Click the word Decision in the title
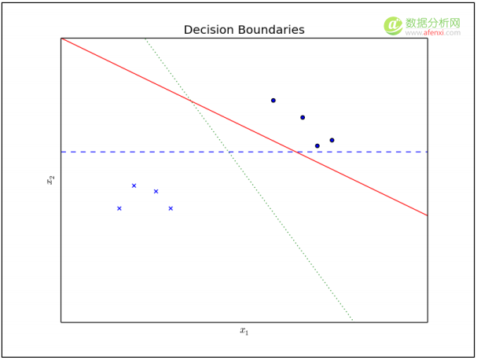tap(207, 30)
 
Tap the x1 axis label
tap(244, 331)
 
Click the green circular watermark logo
tap(393, 26)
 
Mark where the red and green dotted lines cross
tap(189, 98)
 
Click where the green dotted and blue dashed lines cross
tap(228, 152)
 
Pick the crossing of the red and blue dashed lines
tap(296, 152)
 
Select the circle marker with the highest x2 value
tap(273, 101)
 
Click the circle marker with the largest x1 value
tap(332, 140)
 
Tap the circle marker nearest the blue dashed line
tap(317, 145)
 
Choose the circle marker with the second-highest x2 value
tap(303, 118)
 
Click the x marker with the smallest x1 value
tap(119, 208)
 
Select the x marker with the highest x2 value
tap(134, 186)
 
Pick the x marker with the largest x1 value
tap(171, 208)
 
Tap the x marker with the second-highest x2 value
tap(156, 191)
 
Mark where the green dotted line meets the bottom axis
tap(352, 321)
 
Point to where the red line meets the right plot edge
tap(427, 215)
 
